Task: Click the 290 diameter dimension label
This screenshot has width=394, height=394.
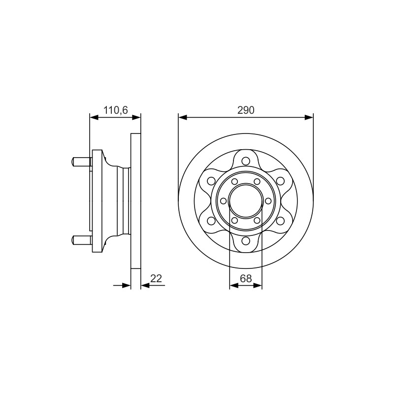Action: (246, 110)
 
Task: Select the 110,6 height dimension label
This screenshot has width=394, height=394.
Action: (116, 110)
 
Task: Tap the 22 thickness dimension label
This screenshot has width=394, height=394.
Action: (156, 278)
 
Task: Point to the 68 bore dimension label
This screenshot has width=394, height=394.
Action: (246, 278)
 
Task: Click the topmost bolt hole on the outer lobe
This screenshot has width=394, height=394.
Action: (246, 161)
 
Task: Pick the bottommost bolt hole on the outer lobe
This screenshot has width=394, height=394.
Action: (246, 241)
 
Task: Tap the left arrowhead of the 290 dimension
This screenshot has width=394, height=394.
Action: (183, 117)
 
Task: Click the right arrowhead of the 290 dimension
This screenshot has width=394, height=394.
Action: (309, 117)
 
